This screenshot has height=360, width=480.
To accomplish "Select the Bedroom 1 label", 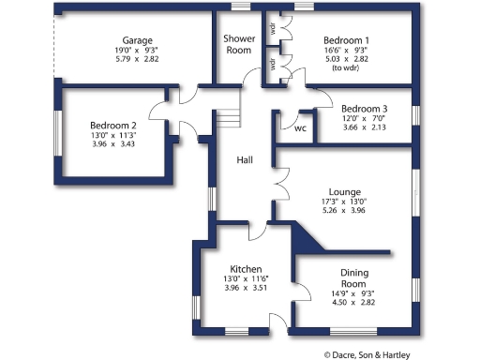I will pyautogui.click(x=346, y=40).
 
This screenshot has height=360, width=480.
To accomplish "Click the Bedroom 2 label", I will pyautogui.click(x=113, y=125).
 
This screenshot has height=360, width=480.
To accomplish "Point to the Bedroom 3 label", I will pyautogui.click(x=365, y=108).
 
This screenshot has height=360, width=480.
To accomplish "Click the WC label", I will pyautogui.click(x=301, y=128).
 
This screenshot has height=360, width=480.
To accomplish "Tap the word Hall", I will pyautogui.click(x=245, y=160).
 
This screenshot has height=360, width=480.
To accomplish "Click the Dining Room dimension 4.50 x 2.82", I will pyautogui.click(x=352, y=303).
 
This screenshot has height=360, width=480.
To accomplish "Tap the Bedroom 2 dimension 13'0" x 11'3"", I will pyautogui.click(x=113, y=135).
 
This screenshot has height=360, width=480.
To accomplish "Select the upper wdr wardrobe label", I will pyautogui.click(x=272, y=27).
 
